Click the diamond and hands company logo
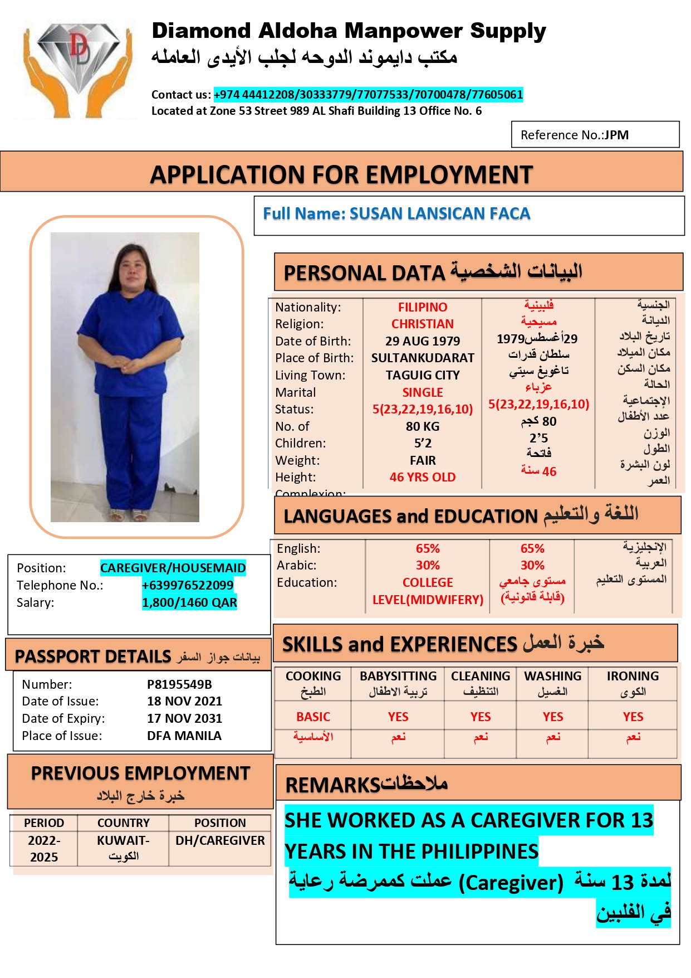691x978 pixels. [77, 68]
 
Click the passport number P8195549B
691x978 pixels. [179, 684]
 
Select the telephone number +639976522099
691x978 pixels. [188, 585]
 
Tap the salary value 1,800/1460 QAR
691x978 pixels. [189, 602]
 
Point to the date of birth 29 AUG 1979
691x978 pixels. [423, 341]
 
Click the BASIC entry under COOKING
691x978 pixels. [313, 717]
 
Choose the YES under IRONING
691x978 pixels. [633, 717]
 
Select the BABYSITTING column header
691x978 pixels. [398, 676]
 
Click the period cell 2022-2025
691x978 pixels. [44, 848]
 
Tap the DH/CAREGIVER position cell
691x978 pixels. [220, 840]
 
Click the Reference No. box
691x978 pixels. [595, 135]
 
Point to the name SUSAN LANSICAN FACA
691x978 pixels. [439, 213]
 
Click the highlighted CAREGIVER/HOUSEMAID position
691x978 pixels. [173, 568]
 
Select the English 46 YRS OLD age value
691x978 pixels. [422, 477]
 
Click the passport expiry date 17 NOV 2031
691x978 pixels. [184, 718]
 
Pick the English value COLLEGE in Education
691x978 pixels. [428, 582]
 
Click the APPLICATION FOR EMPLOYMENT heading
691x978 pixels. [341, 174]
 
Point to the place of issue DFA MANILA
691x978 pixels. [184, 736]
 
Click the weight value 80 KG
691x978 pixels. [422, 426]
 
